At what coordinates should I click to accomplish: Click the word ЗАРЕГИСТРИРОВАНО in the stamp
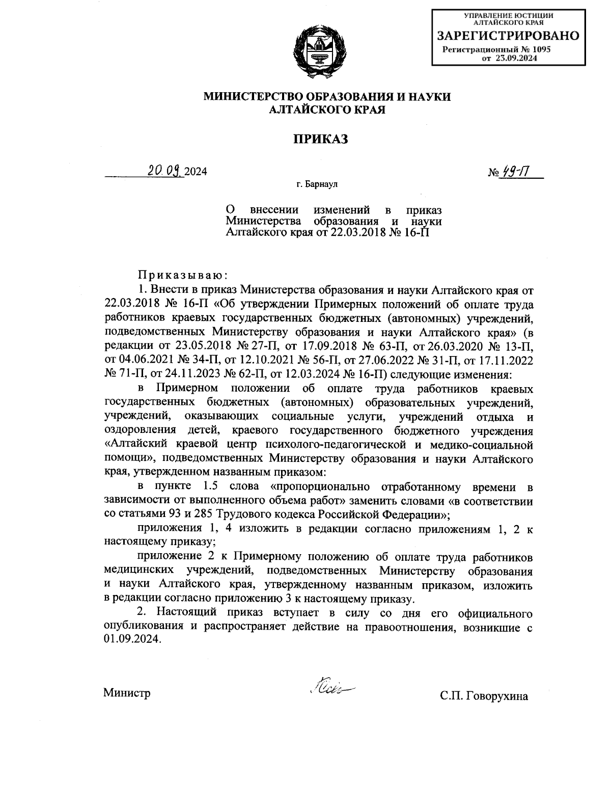click(x=509, y=36)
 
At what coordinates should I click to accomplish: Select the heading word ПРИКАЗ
click(x=320, y=139)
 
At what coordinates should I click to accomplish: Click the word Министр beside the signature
click(x=127, y=693)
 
